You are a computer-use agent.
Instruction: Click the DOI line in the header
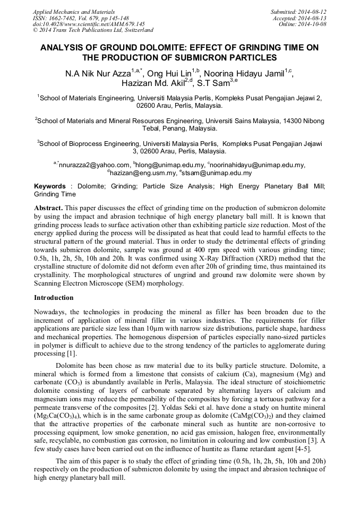point(89,24)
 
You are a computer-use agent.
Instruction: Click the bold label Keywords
point(50,186)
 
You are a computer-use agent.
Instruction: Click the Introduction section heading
point(54,298)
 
